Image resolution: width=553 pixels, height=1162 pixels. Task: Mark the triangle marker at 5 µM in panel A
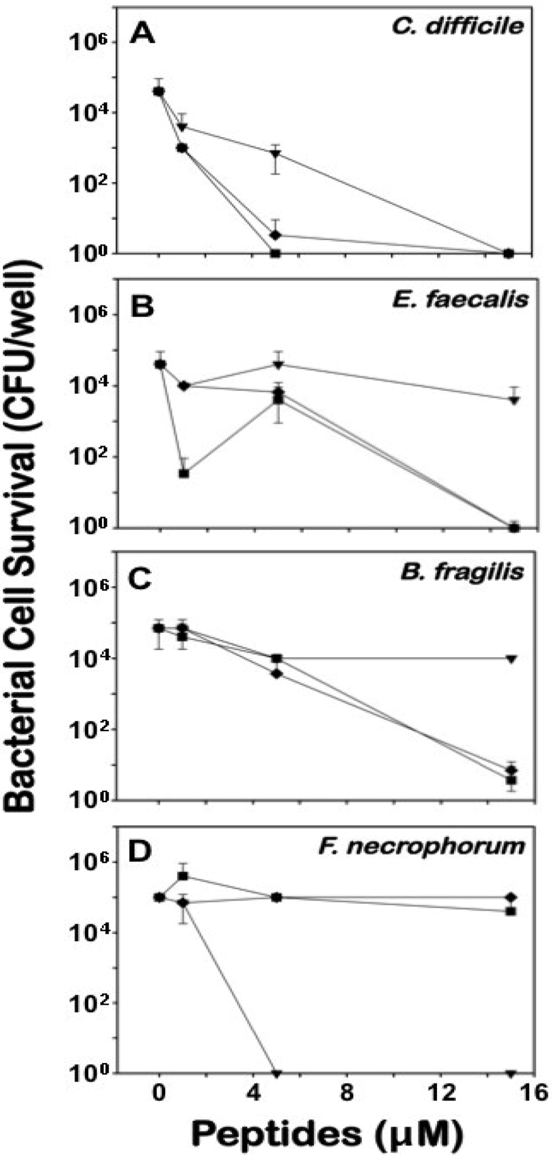pyautogui.click(x=276, y=154)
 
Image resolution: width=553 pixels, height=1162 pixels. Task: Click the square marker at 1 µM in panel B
pyautogui.click(x=183, y=473)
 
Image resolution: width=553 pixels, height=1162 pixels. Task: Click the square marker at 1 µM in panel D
pyautogui.click(x=183, y=876)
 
